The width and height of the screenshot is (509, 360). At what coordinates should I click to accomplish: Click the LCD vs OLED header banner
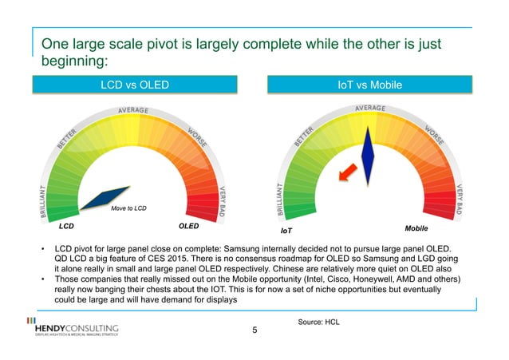pyautogui.click(x=133, y=85)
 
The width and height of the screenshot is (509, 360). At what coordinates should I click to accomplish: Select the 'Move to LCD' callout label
pyautogui.click(x=127, y=209)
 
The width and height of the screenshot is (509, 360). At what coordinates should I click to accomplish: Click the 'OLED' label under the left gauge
pyautogui.click(x=189, y=227)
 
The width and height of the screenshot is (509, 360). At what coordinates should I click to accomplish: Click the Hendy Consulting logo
pyautogui.click(x=72, y=330)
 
